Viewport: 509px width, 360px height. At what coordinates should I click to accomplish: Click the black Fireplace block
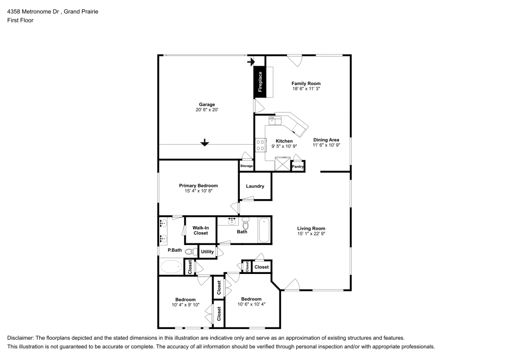[x=260, y=81]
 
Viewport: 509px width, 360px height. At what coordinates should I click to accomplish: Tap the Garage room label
[x=207, y=104]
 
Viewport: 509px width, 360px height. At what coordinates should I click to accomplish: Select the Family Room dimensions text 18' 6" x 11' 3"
[x=306, y=89]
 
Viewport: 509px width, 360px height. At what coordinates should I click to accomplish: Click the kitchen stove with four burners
[x=260, y=145]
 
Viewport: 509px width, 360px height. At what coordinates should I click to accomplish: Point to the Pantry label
[x=297, y=167]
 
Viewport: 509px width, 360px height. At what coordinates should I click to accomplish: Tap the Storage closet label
[x=246, y=166]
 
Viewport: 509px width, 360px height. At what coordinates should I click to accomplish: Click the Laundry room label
[x=255, y=186]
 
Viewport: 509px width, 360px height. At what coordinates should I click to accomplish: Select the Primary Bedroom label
[x=199, y=186]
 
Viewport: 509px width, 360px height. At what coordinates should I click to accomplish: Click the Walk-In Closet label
[x=201, y=231]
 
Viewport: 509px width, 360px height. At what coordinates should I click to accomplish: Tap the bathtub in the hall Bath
[x=264, y=230]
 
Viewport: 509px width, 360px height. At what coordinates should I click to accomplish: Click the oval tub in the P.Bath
[x=172, y=266]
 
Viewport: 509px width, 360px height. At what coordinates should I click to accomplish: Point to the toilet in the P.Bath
[x=191, y=251]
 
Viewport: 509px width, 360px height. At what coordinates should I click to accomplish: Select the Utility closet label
[x=208, y=252]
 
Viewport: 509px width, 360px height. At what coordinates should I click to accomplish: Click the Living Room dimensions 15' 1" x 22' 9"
[x=311, y=233]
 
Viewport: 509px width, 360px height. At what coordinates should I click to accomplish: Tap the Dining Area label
[x=326, y=140]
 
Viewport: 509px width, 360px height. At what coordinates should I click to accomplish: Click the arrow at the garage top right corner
[x=251, y=61]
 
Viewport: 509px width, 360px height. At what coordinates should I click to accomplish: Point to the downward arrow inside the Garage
[x=205, y=142]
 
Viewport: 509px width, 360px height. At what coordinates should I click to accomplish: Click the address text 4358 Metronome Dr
[x=34, y=12]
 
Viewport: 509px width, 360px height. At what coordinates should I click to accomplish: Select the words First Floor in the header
[x=20, y=20]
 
